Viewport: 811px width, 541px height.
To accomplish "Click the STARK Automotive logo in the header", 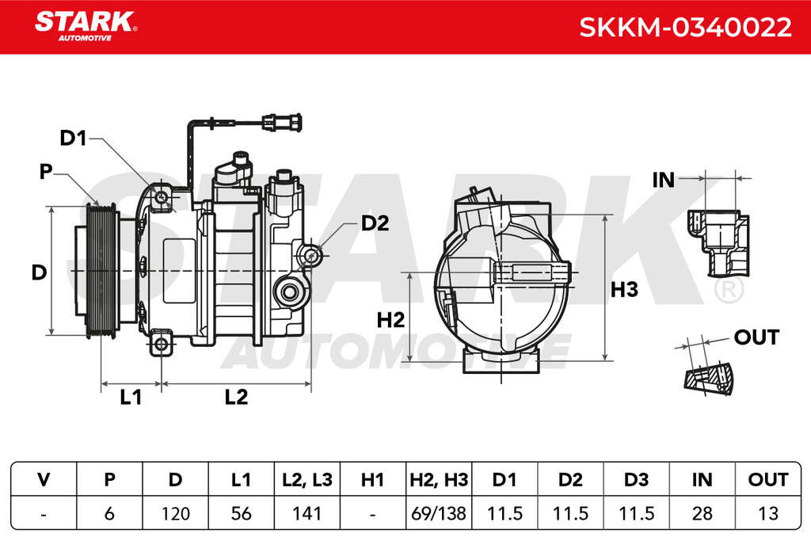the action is tap(86, 26).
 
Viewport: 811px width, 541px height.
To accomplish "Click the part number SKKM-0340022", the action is tap(685, 28).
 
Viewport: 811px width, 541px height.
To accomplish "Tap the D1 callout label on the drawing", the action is tap(73, 138).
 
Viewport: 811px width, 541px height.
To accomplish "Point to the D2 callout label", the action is tap(375, 223).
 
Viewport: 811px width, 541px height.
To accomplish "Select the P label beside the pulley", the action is tap(46, 171).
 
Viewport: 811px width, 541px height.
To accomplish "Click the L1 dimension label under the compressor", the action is tap(131, 397).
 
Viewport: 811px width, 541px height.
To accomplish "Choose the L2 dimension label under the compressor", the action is tap(236, 397).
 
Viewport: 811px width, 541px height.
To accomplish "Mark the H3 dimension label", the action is tap(624, 290).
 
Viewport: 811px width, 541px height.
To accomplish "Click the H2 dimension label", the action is tap(390, 320).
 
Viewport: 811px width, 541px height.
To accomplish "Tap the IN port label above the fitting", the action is tap(664, 181).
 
